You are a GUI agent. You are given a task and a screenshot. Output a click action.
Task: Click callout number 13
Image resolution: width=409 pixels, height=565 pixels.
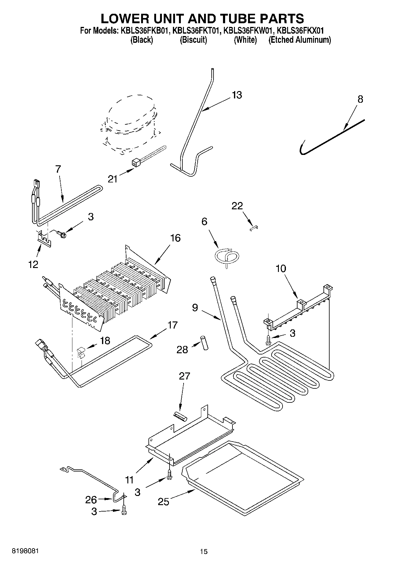pyautogui.click(x=237, y=95)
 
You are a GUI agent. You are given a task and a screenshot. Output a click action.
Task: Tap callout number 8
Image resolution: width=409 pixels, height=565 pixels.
pyautogui.click(x=360, y=99)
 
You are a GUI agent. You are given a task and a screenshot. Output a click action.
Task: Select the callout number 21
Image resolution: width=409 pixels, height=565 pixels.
pyautogui.click(x=112, y=179)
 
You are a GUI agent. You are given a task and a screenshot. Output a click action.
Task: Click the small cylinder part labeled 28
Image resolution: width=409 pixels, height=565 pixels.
pyautogui.click(x=204, y=343)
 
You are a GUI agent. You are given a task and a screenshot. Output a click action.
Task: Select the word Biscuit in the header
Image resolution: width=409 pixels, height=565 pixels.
pyautogui.click(x=193, y=40)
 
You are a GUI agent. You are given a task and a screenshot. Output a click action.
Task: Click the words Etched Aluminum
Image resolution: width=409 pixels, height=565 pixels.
pyautogui.click(x=299, y=40)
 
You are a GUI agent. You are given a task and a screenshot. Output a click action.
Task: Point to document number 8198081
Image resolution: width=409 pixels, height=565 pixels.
pyautogui.click(x=25, y=551)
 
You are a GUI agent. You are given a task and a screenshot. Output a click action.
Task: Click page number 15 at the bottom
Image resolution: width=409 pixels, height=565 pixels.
pyautogui.click(x=204, y=551)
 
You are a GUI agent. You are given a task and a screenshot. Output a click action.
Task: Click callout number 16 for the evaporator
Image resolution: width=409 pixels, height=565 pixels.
pyautogui.click(x=175, y=238)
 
